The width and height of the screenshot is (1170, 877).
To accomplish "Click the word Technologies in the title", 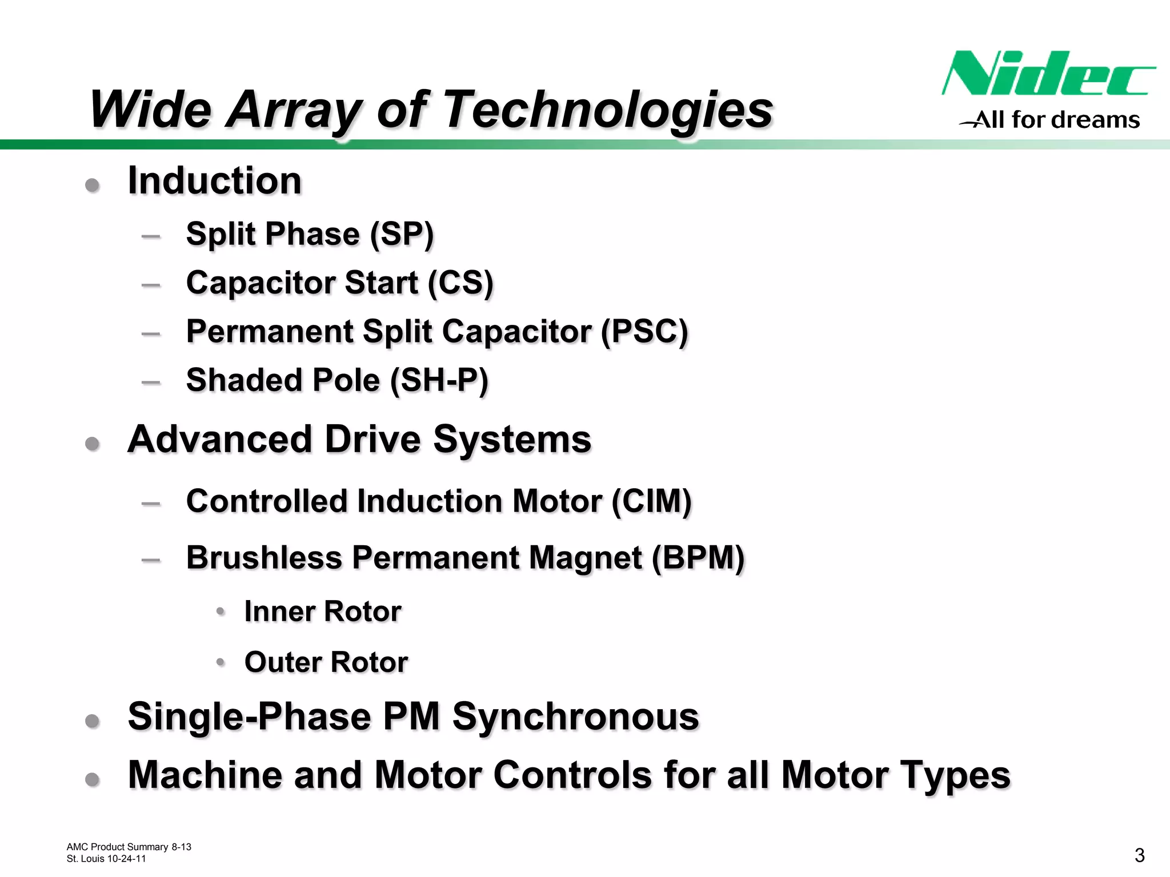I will [x=608, y=110].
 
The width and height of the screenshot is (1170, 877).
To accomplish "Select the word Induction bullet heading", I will [x=214, y=181].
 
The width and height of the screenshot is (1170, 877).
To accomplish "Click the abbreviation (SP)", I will [x=402, y=234].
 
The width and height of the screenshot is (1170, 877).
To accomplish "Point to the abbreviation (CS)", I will [x=460, y=283].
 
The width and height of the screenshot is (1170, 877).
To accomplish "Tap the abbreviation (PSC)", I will [x=644, y=332].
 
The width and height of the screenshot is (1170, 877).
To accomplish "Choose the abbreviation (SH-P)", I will [x=439, y=380].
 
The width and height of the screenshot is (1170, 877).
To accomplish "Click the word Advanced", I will [x=220, y=440].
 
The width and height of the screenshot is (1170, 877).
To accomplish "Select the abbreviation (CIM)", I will [x=651, y=501].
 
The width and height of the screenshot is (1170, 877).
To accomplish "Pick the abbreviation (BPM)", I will [x=698, y=558].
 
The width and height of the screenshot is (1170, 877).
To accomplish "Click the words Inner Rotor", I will [x=323, y=612].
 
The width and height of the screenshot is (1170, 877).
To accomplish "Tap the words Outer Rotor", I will [x=326, y=662].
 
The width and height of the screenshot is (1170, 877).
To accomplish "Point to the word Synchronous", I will [x=575, y=717].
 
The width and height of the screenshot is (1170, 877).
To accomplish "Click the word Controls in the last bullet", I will [x=572, y=775].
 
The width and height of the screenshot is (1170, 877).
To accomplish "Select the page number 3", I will [x=1139, y=855].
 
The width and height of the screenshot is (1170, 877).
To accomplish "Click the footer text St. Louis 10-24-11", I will [x=106, y=859].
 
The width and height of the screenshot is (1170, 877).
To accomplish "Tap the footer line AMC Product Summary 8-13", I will [x=129, y=847].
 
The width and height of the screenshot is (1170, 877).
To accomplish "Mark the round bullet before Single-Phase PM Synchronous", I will [x=93, y=721].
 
